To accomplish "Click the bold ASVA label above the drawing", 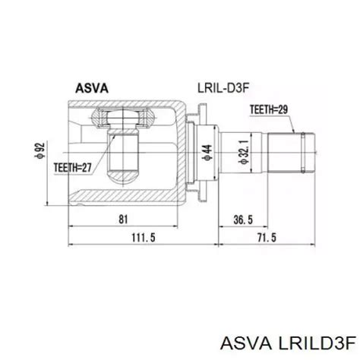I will (92, 87).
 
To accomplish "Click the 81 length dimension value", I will (124, 219).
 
